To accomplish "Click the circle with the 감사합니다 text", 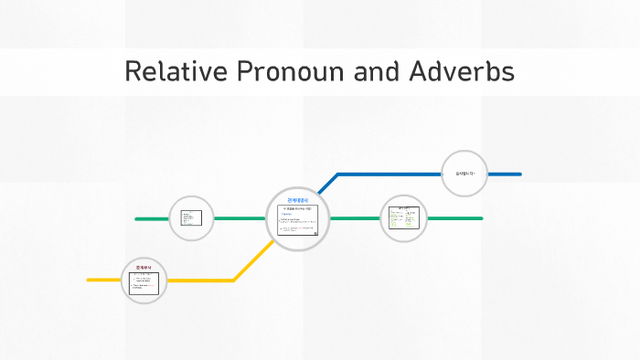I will [x=464, y=174].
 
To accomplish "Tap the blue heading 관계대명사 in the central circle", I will [x=298, y=199].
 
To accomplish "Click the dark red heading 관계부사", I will [x=144, y=267].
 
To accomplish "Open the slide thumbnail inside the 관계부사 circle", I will [x=144, y=283].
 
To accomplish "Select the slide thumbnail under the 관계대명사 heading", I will [x=298, y=220].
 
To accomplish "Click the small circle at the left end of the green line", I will [x=192, y=218].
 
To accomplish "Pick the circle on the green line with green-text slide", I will [x=403, y=218].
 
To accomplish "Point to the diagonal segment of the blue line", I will [x=327, y=184].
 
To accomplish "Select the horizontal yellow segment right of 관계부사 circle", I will [x=201, y=280].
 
